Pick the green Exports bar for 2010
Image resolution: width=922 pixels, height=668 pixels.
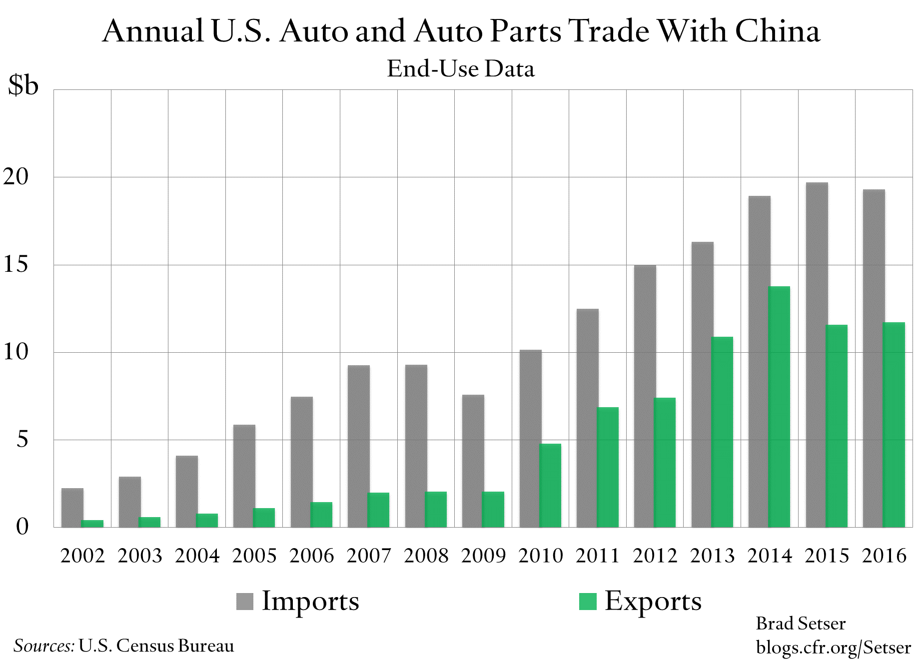pyautogui.click(x=551, y=485)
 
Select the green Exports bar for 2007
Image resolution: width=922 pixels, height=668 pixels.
pyautogui.click(x=379, y=510)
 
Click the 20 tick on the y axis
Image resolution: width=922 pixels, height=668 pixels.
pyautogui.click(x=16, y=176)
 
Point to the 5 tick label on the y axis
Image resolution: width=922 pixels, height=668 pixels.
pyautogui.click(x=22, y=440)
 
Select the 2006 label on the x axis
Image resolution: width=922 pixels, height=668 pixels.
pyautogui.click(x=311, y=556)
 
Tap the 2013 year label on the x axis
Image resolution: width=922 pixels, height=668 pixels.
pyautogui.click(x=712, y=556)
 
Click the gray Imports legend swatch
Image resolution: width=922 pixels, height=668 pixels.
pyautogui.click(x=245, y=601)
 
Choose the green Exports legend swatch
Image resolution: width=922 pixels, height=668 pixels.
pyautogui.click(x=588, y=601)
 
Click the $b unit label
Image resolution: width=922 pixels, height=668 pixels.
pyautogui.click(x=23, y=85)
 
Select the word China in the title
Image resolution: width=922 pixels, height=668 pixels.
pyautogui.click(x=777, y=31)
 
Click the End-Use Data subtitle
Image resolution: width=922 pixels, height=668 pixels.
pyautogui.click(x=461, y=69)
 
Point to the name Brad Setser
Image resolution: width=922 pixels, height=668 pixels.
pyautogui.click(x=801, y=624)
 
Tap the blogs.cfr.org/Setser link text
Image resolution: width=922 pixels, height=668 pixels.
pyautogui.click(x=833, y=648)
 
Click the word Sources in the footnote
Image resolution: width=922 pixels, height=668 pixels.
pyautogui.click(x=44, y=646)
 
